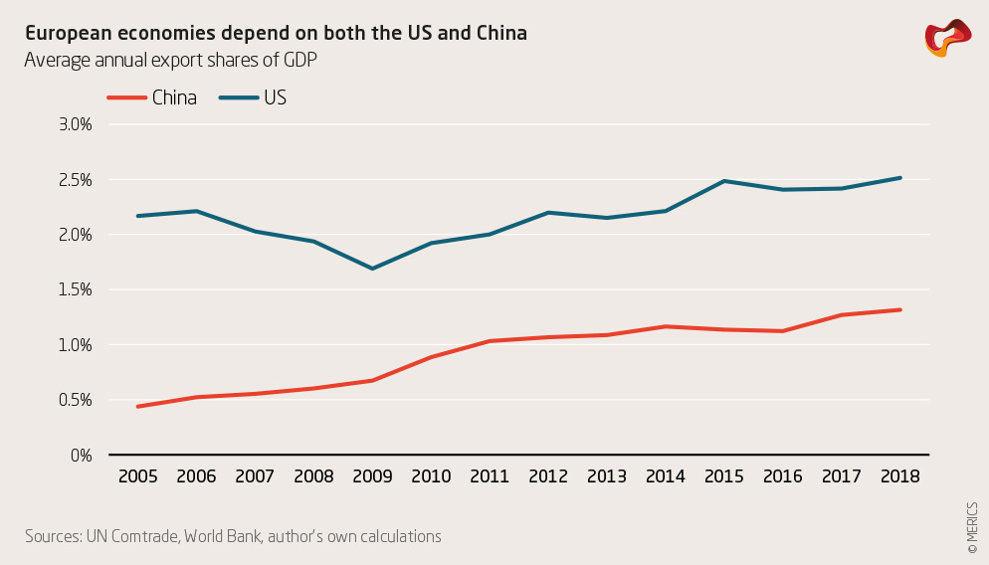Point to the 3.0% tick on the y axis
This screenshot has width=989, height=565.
pos(76,125)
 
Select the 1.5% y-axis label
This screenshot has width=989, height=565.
pos(76,290)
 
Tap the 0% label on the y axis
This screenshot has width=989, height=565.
pos(81,456)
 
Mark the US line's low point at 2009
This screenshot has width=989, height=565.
pos(372,269)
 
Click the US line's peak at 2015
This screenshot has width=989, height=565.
pos(724,181)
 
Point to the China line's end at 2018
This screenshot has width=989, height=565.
pos(900,309)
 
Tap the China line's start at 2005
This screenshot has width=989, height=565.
pos(137,407)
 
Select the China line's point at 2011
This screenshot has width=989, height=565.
pos(490,341)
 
